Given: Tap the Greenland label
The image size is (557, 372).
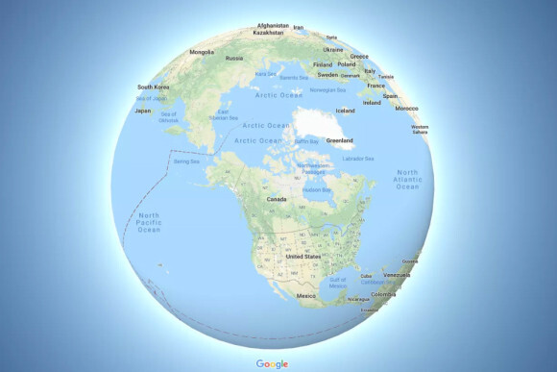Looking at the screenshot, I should pyautogui.click(x=340, y=140).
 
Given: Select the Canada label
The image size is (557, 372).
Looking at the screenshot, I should pyautogui.click(x=277, y=199).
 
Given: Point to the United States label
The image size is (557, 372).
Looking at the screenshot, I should pyautogui.click(x=303, y=257).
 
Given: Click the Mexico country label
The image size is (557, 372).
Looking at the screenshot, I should pyautogui.click(x=306, y=296).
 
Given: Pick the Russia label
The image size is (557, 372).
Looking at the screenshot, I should pyautogui.click(x=234, y=58).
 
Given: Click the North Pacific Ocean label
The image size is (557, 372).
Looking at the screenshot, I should pyautogui.click(x=150, y=222).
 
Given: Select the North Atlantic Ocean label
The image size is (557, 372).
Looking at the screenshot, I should pyautogui.click(x=407, y=179).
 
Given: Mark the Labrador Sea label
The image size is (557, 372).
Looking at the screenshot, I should pyautogui.click(x=358, y=158).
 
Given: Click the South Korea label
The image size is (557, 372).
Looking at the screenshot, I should pyautogui.click(x=154, y=87).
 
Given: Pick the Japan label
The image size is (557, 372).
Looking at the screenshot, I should pyautogui.click(x=142, y=110).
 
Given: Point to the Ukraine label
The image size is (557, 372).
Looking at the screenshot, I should pyautogui.click(x=333, y=49).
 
